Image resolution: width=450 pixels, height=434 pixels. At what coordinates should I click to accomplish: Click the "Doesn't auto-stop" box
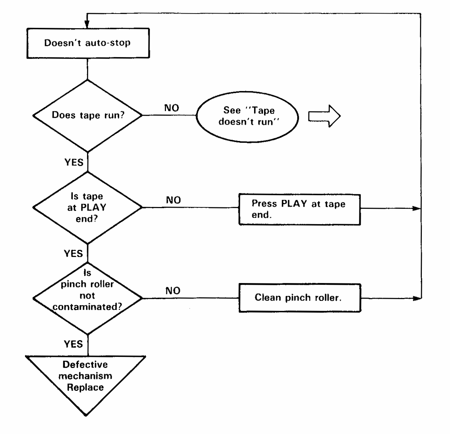tap(88, 43)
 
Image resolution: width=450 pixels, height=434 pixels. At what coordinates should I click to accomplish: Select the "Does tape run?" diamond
tap(87, 116)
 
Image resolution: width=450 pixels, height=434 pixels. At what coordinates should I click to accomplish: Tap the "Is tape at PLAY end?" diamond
tap(87, 208)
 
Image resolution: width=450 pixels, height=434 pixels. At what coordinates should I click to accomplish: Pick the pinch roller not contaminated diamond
tap(87, 298)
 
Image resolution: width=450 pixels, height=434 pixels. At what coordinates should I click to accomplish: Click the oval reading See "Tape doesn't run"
tap(247, 117)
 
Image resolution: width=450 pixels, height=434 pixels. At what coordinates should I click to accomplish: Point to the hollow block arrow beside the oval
tap(324, 116)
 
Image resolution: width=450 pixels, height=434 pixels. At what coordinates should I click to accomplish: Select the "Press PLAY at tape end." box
tap(300, 210)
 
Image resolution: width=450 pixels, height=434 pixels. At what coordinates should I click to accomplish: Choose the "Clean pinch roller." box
tap(300, 298)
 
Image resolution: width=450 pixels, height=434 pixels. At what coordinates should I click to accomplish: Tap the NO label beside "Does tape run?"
tap(172, 108)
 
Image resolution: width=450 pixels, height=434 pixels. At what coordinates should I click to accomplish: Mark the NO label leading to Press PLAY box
tap(173, 200)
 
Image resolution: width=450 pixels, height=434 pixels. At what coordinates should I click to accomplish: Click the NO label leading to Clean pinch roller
tap(173, 291)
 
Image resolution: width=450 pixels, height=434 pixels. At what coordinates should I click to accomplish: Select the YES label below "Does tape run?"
tap(74, 162)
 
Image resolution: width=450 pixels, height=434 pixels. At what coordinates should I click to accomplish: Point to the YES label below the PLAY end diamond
tap(73, 253)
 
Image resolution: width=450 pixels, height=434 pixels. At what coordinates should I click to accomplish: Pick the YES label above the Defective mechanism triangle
tap(73, 344)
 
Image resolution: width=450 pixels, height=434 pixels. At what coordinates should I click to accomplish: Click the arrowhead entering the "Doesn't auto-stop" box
tap(87, 24)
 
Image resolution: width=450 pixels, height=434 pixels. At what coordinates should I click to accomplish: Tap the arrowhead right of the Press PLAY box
tap(417, 208)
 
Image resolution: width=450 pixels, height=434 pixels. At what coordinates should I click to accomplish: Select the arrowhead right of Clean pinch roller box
tap(417, 298)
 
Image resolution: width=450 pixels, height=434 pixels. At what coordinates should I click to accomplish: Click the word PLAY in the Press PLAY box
tap(294, 203)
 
